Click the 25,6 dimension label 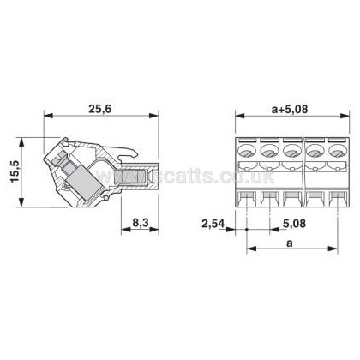point(99,109)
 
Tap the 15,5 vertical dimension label point(15,171)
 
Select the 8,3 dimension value point(141,222)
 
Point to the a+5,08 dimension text point(290,109)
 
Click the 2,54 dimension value point(213,224)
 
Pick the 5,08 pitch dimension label point(294,224)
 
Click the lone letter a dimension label point(290,243)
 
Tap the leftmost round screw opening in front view point(246,151)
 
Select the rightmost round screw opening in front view point(338,151)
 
